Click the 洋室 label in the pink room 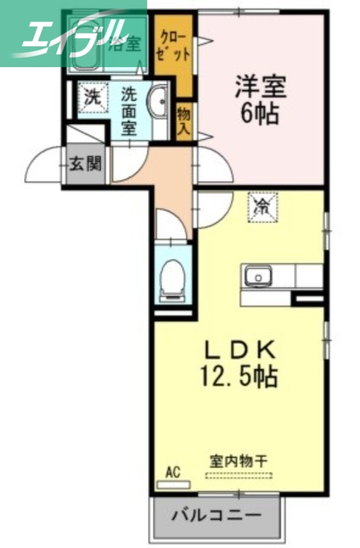coord(260,88)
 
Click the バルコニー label coord(216,514)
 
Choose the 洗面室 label coord(129,110)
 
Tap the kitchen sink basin coord(259,277)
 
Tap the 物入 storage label coord(183,121)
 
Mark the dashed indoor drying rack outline coord(237,473)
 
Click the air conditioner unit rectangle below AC coord(173,484)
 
